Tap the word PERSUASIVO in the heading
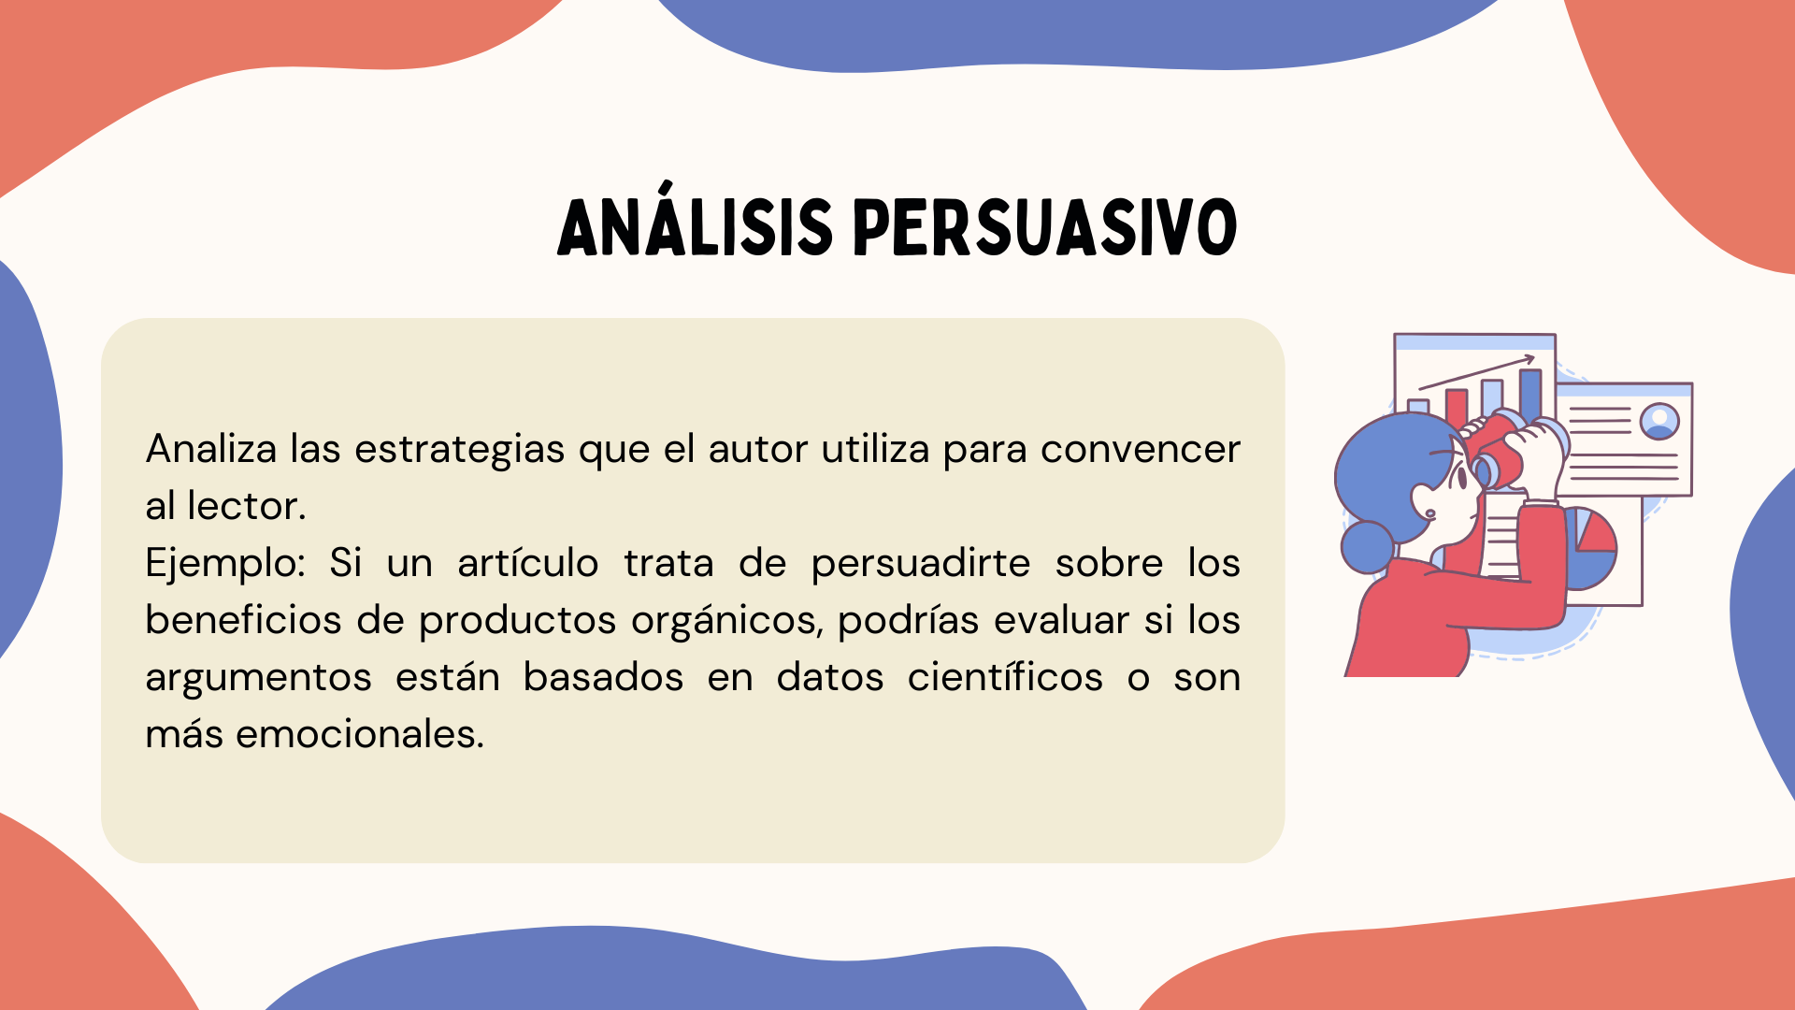point(1046,227)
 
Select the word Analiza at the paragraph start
point(211,449)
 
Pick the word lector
point(247,506)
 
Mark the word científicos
point(1005,676)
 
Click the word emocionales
point(360,734)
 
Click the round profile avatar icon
point(1659,422)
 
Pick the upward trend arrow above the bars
point(1477,372)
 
